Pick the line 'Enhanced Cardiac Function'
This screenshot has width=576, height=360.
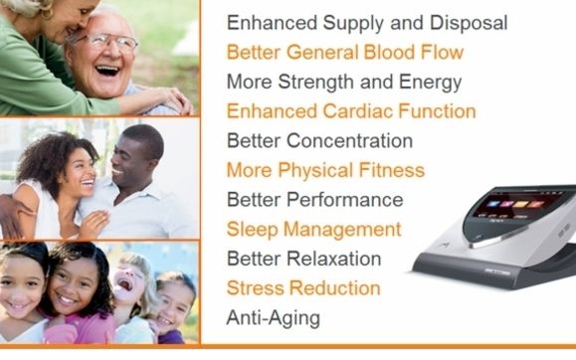tap(337, 111)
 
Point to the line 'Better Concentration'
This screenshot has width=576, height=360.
tap(305, 140)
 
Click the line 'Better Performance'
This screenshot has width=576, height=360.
tap(314, 200)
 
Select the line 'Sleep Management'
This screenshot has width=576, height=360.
tap(313, 230)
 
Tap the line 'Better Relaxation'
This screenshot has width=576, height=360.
tap(303, 259)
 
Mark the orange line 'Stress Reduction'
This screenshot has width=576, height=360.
tap(303, 288)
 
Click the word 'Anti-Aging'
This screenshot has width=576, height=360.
tap(274, 318)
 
